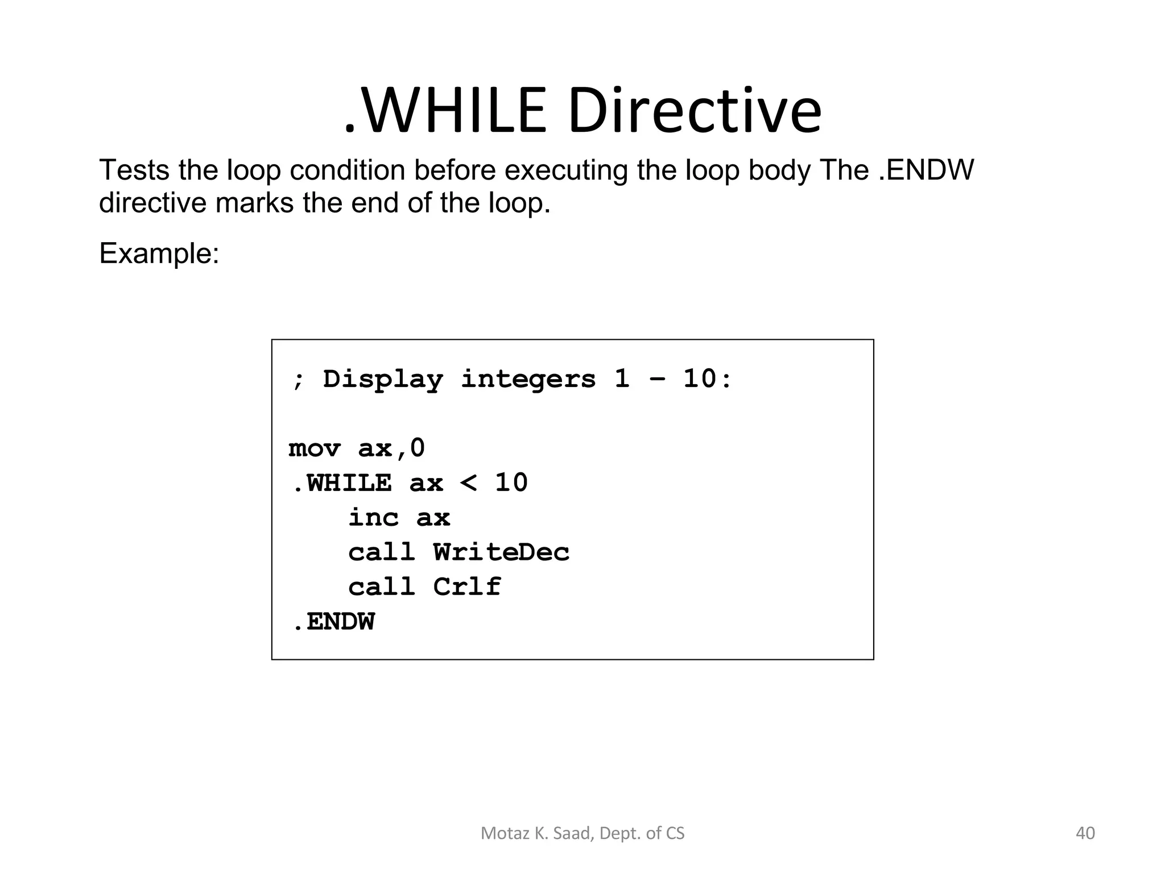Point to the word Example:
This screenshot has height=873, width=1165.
pyautogui.click(x=159, y=253)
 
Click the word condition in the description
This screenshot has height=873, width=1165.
pyautogui.click(x=348, y=170)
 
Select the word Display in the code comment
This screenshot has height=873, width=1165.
pyautogui.click(x=383, y=380)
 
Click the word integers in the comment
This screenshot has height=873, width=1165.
pyautogui.click(x=528, y=380)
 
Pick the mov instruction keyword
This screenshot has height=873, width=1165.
pyautogui.click(x=314, y=449)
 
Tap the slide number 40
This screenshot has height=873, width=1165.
pyautogui.click(x=1085, y=833)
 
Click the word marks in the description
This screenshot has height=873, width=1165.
pyautogui.click(x=254, y=203)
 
